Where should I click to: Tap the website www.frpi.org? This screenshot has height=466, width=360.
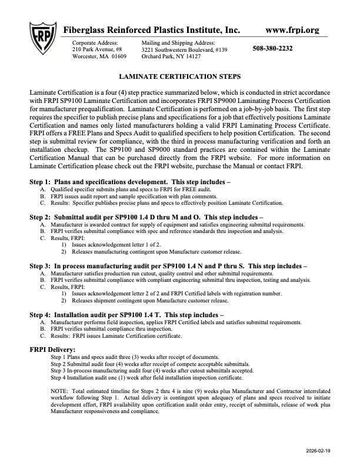tap(292, 29)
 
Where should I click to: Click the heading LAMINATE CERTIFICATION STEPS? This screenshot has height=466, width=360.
tap(179, 77)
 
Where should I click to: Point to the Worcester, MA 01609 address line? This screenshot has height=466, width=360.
tap(99, 56)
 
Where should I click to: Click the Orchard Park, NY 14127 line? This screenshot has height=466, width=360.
tap(171, 56)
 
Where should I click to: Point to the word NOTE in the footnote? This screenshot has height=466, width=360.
tap(59, 391)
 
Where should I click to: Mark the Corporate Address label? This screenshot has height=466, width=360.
tap(95, 43)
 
